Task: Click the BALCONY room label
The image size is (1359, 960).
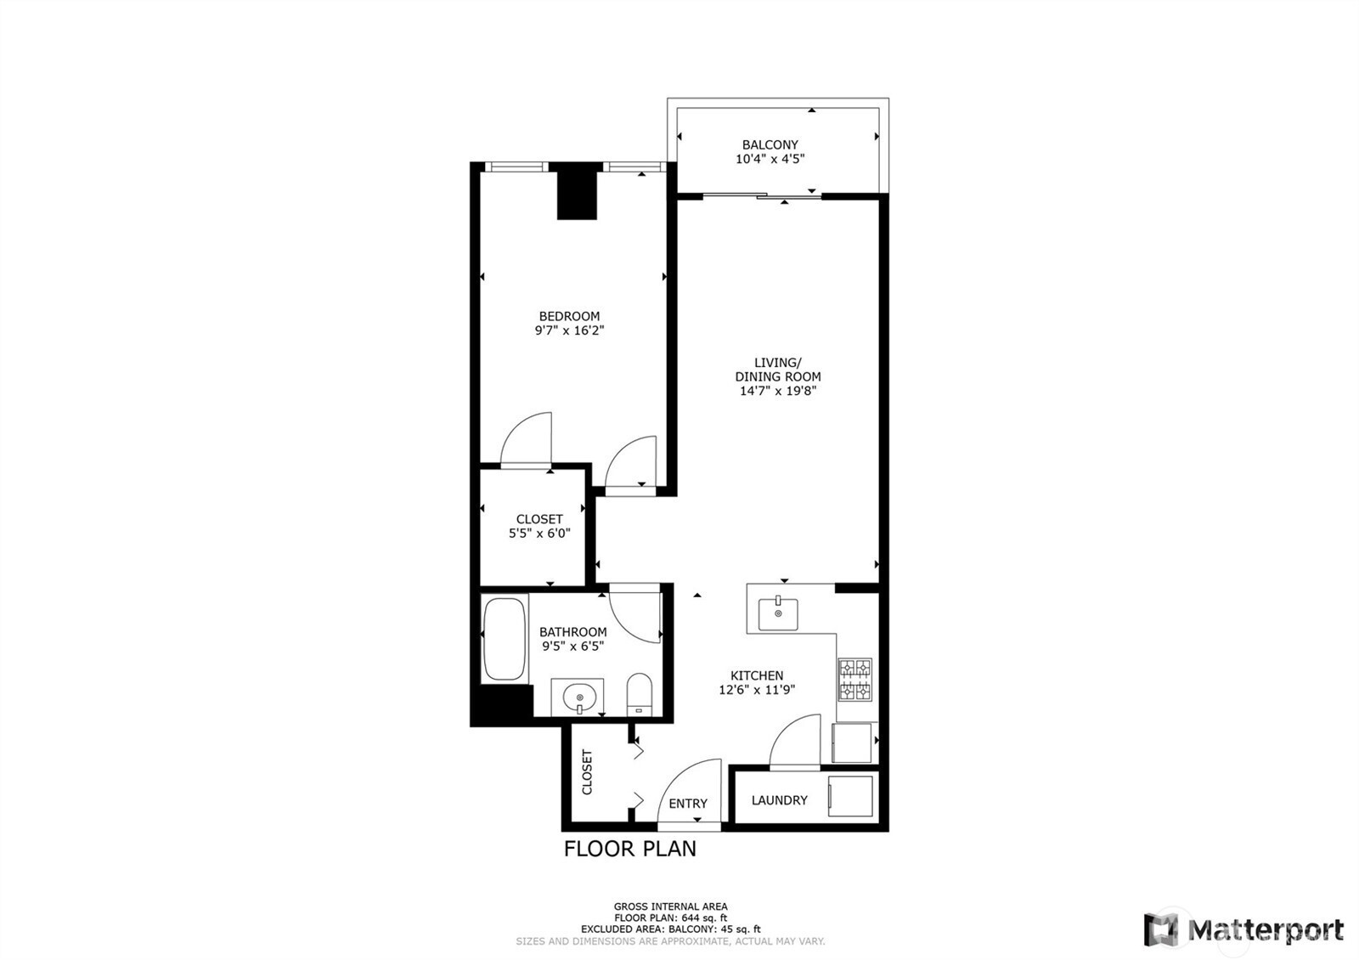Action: (x=770, y=144)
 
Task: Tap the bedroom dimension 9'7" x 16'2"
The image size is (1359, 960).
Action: (x=568, y=330)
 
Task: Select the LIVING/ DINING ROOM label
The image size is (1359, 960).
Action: (x=777, y=370)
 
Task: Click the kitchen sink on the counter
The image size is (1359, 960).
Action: (x=778, y=613)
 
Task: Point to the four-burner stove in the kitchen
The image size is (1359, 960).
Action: (x=855, y=679)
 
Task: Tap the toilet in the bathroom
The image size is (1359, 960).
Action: (x=639, y=694)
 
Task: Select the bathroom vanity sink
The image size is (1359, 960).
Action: (x=578, y=697)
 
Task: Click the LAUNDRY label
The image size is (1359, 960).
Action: (x=779, y=800)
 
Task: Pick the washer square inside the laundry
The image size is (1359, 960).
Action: (x=850, y=796)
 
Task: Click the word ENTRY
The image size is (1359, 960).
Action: (x=687, y=804)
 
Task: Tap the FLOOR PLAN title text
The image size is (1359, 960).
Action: (x=630, y=849)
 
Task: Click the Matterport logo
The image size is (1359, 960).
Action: (x=1244, y=929)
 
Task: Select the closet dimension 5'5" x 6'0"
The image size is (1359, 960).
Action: (x=539, y=534)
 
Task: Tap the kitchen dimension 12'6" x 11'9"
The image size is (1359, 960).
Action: (x=756, y=690)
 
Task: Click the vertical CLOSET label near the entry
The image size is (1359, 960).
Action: (x=587, y=771)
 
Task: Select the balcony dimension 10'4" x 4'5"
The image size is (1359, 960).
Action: (x=770, y=159)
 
